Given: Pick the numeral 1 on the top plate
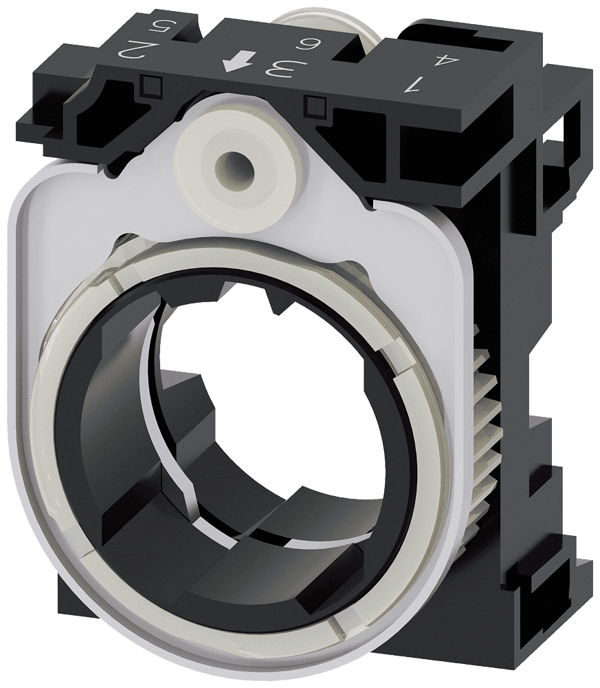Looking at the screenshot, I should [414, 84].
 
